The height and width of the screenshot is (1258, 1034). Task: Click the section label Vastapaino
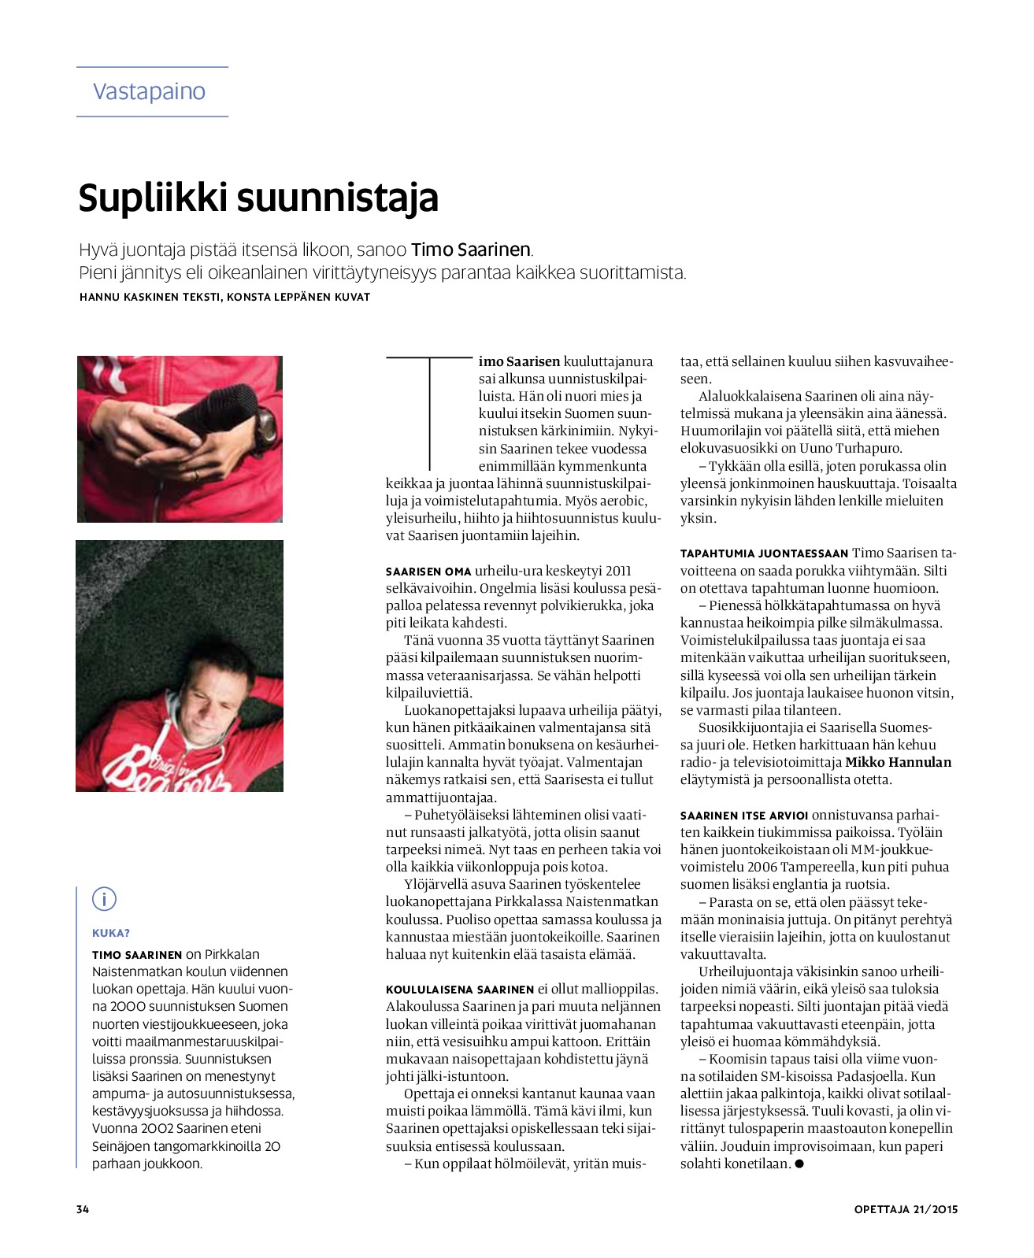[x=149, y=91]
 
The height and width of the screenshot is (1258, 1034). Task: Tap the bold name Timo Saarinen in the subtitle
[x=471, y=250]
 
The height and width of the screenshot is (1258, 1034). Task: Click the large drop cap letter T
[x=429, y=413]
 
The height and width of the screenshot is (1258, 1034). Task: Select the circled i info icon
[x=104, y=898]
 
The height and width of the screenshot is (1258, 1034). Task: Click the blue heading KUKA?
[x=111, y=933]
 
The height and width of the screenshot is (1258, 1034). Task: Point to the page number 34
[x=83, y=1209]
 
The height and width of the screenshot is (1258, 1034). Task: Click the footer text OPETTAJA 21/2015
[x=906, y=1209]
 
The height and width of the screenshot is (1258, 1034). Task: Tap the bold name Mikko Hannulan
[x=898, y=762]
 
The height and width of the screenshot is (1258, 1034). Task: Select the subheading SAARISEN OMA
[x=428, y=572]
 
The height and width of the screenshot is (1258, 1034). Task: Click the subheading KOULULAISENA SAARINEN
[x=460, y=990]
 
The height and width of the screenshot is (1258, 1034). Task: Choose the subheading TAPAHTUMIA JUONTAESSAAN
[x=764, y=553]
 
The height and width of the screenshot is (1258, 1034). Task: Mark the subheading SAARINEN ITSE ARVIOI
[x=744, y=816]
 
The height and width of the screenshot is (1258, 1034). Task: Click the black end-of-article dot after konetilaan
[x=799, y=1164]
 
